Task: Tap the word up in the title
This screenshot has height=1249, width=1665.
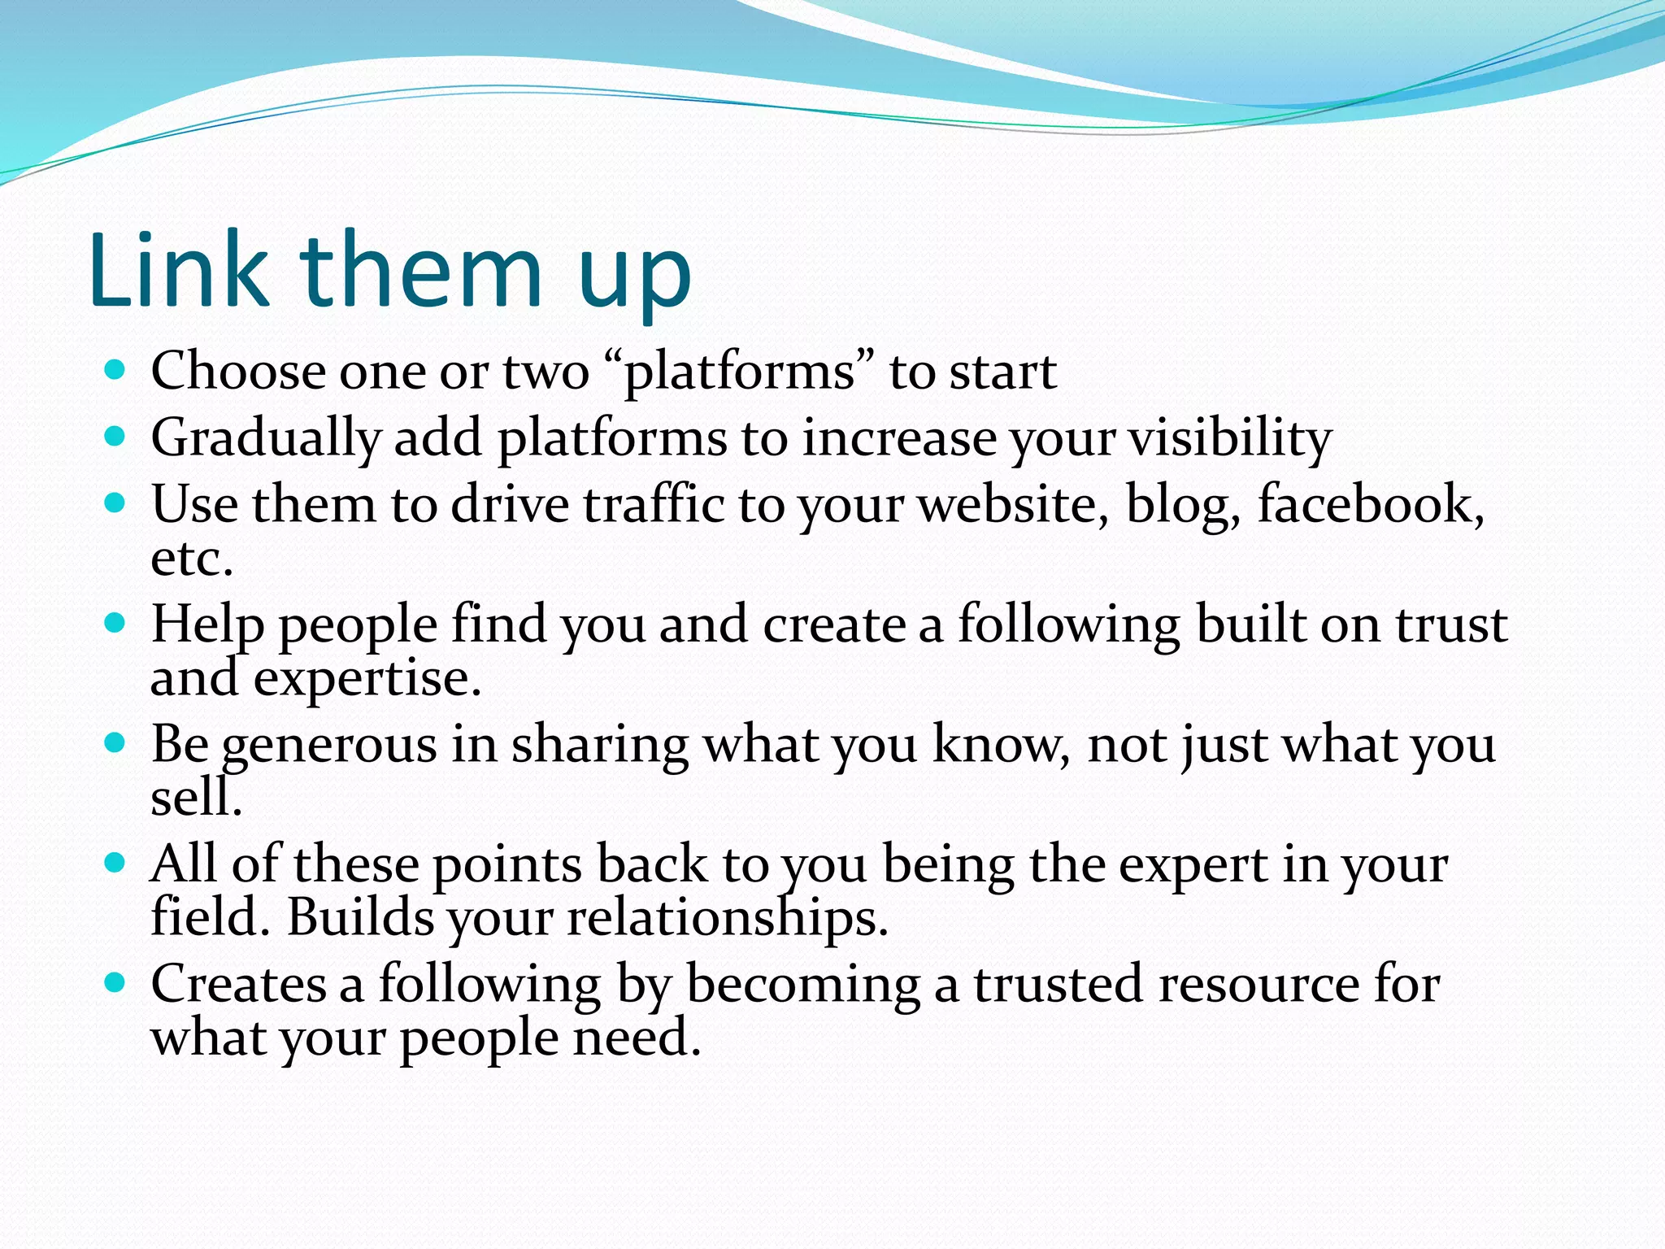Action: click(x=635, y=276)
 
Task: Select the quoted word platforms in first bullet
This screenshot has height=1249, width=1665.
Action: click(x=740, y=372)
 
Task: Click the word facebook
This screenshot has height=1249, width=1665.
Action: click(x=1370, y=504)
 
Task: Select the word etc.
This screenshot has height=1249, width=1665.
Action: click(x=192, y=559)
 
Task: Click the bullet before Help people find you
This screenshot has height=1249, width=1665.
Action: click(x=115, y=624)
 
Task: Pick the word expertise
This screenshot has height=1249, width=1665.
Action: click(x=367, y=679)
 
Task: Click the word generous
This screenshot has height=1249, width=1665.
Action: click(x=329, y=745)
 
